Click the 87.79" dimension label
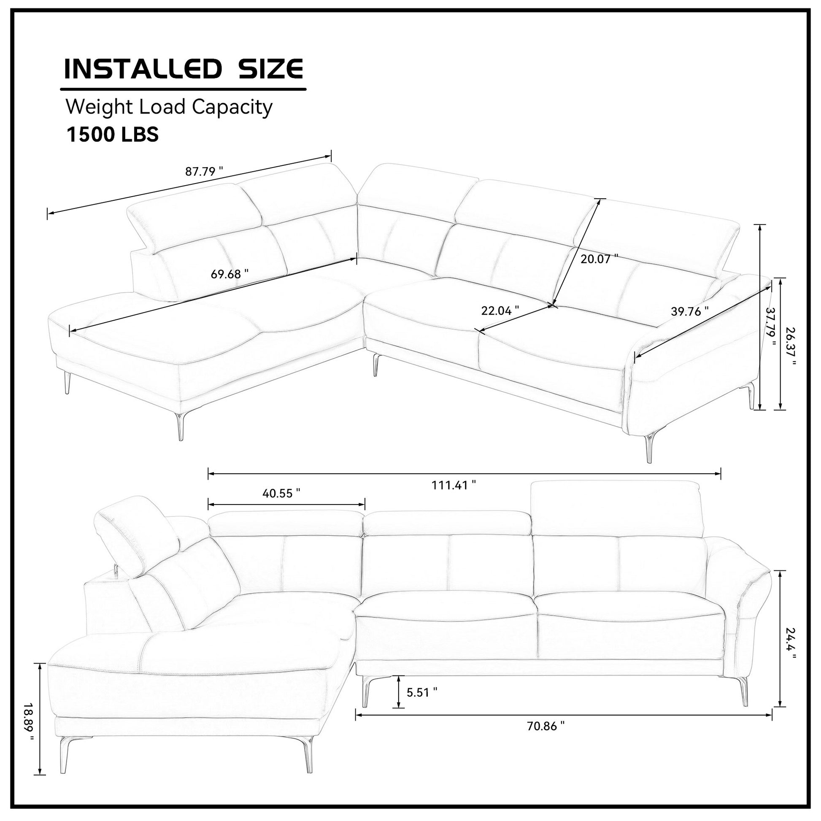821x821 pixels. (x=204, y=172)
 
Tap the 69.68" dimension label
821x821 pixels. (x=230, y=274)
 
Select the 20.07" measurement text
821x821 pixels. (x=599, y=259)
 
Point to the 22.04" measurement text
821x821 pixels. (x=500, y=311)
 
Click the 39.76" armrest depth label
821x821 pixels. (x=690, y=311)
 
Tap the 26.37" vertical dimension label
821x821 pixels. (x=790, y=346)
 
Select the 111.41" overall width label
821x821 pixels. (x=454, y=485)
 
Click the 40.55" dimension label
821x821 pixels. (x=281, y=493)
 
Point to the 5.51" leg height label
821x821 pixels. (x=422, y=692)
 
